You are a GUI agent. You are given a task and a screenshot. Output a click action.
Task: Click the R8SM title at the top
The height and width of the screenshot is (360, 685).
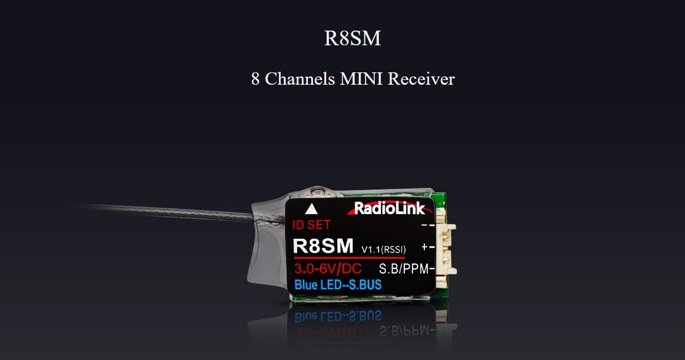[x=353, y=38]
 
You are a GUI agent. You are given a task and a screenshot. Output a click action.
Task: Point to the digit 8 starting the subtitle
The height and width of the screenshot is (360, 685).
[x=255, y=79]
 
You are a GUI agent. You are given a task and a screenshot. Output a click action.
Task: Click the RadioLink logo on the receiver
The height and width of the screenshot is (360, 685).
[x=389, y=208]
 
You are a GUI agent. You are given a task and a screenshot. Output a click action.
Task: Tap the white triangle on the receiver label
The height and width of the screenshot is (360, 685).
[x=311, y=208]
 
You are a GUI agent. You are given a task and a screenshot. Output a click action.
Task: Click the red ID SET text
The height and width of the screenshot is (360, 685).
[x=311, y=225]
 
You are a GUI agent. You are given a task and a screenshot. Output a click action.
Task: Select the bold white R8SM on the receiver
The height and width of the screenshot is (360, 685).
[x=323, y=246]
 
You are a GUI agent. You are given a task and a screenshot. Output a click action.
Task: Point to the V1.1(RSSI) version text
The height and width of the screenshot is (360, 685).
[x=383, y=249]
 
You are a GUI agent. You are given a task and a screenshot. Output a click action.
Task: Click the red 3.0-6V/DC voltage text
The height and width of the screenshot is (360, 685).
[x=328, y=270]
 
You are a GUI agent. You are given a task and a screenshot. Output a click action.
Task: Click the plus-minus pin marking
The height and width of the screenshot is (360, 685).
[x=428, y=248]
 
